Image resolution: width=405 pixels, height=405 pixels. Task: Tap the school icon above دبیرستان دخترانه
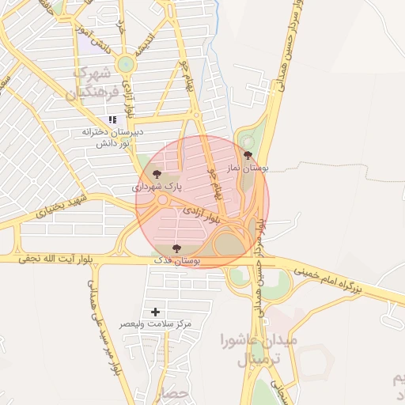click(112, 119)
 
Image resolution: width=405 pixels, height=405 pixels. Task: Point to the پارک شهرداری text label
click(156, 188)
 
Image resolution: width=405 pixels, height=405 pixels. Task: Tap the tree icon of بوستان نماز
click(248, 155)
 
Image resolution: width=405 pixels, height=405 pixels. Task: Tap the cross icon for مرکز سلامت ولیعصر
click(155, 312)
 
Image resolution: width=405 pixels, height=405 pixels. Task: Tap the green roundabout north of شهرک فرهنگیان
click(125, 65)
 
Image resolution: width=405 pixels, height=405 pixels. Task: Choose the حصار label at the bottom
click(176, 393)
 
